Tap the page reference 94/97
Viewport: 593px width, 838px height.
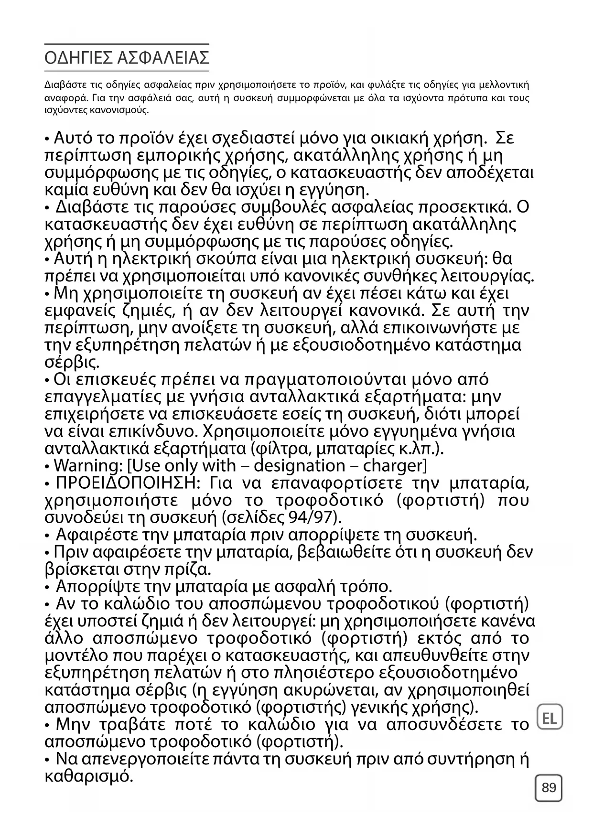pos(316,517)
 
